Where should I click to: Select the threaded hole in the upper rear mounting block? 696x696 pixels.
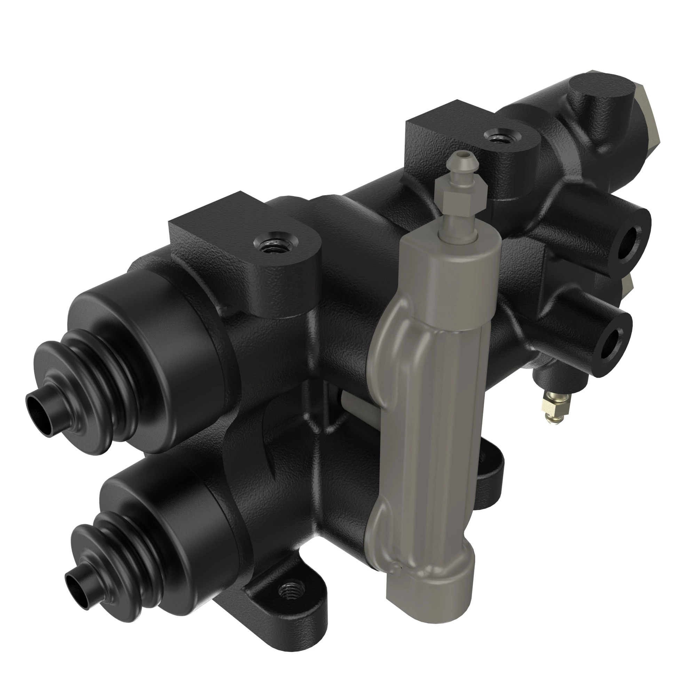click(x=498, y=137)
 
